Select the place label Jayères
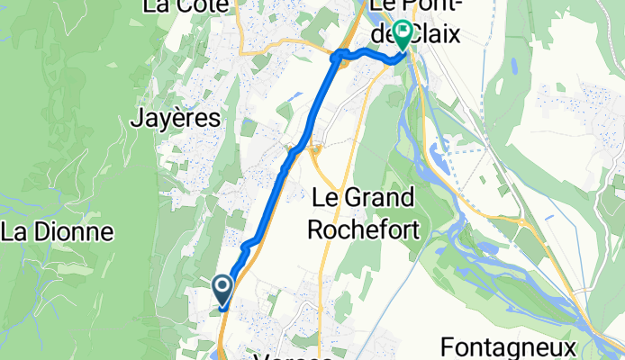tap(176, 118)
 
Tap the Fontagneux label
tap(509, 347)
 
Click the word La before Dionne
tap(17, 232)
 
